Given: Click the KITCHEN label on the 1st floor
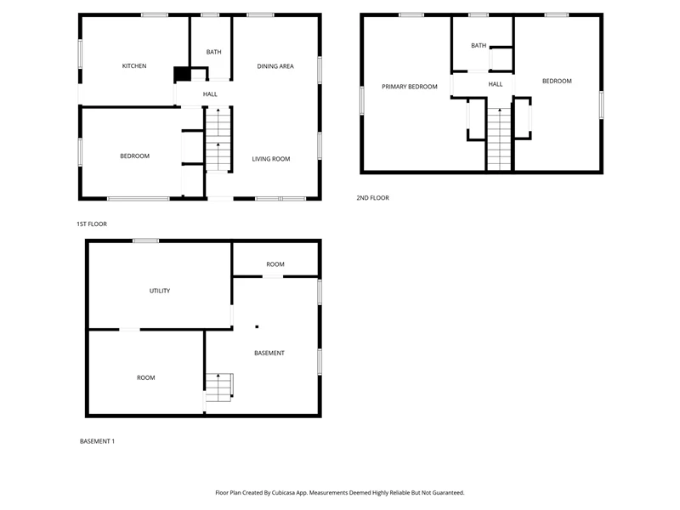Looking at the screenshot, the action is click(x=134, y=66).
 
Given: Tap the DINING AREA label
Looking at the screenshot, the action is click(x=275, y=66).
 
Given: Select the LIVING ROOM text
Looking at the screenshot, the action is click(x=271, y=159).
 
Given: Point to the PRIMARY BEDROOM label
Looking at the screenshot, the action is click(x=410, y=87).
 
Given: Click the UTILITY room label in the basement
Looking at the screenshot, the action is click(x=160, y=291).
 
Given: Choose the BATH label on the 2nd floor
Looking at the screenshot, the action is click(x=479, y=46).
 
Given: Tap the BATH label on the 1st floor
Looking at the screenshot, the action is click(x=213, y=52).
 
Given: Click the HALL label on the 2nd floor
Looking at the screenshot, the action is click(x=496, y=84).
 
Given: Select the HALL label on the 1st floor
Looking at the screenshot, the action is click(x=210, y=94).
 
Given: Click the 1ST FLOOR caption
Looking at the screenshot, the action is click(x=92, y=224).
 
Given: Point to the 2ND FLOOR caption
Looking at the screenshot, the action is click(x=372, y=198).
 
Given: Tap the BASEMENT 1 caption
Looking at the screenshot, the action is click(x=97, y=441).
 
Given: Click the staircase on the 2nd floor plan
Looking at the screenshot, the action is click(x=500, y=139).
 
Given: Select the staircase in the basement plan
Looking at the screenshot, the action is click(x=218, y=388).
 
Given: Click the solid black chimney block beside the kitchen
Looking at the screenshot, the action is click(x=182, y=74).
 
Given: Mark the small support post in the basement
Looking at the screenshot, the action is click(x=257, y=326).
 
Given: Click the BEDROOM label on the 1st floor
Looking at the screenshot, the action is click(x=135, y=156).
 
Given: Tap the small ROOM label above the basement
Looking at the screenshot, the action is click(x=275, y=264).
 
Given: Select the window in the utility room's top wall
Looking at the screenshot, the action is click(x=145, y=241).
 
